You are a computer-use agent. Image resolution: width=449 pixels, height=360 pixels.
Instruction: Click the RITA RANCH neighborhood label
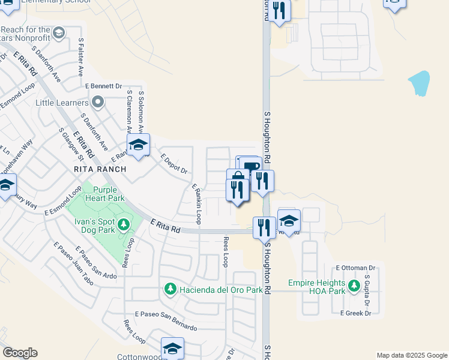(x=100, y=169)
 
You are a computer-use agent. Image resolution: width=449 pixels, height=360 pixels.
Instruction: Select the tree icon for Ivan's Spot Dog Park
(x=124, y=225)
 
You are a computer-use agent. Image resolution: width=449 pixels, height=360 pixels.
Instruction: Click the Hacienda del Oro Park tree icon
(x=170, y=290)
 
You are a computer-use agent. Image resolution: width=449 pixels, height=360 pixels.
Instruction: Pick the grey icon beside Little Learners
(x=99, y=103)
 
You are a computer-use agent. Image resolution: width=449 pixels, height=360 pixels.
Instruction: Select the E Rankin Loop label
(x=196, y=205)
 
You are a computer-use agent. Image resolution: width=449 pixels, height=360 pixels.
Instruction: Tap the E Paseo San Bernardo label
(x=166, y=321)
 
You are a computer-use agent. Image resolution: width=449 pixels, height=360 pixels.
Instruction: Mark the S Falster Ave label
(x=80, y=58)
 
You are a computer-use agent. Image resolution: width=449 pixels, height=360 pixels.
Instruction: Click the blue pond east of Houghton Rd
(x=420, y=83)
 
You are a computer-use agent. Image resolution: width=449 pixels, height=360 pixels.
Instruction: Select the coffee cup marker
(x=250, y=167)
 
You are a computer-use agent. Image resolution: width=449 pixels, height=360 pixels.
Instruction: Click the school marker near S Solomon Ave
(x=138, y=145)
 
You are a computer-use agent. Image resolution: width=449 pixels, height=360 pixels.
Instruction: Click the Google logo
(x=20, y=353)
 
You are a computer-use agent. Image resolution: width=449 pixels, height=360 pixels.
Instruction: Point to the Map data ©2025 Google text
(x=411, y=355)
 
